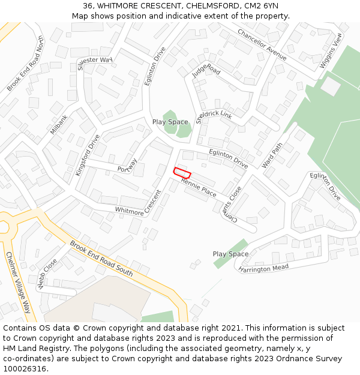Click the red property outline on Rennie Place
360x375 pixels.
[182, 172]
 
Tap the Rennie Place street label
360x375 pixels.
[199, 188]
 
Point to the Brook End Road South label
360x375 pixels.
[101, 258]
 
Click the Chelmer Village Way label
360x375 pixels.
[18, 282]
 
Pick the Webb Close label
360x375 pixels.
[47, 274]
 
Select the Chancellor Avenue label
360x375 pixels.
[262, 44]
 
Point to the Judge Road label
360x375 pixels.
[206, 71]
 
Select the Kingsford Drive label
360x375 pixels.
[88, 155]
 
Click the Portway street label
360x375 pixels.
[128, 164]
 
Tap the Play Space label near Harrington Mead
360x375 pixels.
[230, 254]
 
